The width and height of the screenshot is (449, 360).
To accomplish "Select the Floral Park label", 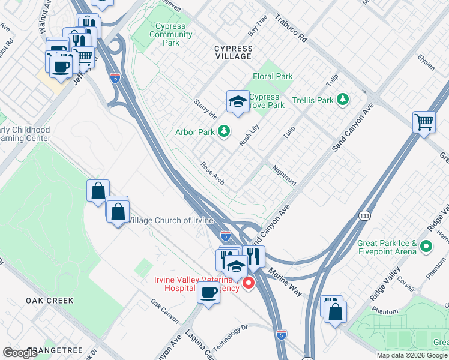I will pyautogui.click(x=273, y=77).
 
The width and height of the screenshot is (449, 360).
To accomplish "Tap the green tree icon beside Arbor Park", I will pyautogui.click(x=223, y=131).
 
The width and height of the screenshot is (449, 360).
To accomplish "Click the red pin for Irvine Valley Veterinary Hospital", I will pyautogui.click(x=247, y=283).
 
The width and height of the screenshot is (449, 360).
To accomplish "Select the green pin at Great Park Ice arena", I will pyautogui.click(x=426, y=246).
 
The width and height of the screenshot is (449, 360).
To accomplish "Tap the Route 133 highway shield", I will pyautogui.click(x=364, y=215).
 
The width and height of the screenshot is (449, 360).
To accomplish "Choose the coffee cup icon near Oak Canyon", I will pyautogui.click(x=208, y=293).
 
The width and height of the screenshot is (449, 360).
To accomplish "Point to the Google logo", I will pyautogui.click(x=20, y=353).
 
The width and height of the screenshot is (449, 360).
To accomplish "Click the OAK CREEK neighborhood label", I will pyautogui.click(x=49, y=300).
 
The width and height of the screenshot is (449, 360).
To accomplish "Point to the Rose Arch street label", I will pyautogui.click(x=212, y=173).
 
